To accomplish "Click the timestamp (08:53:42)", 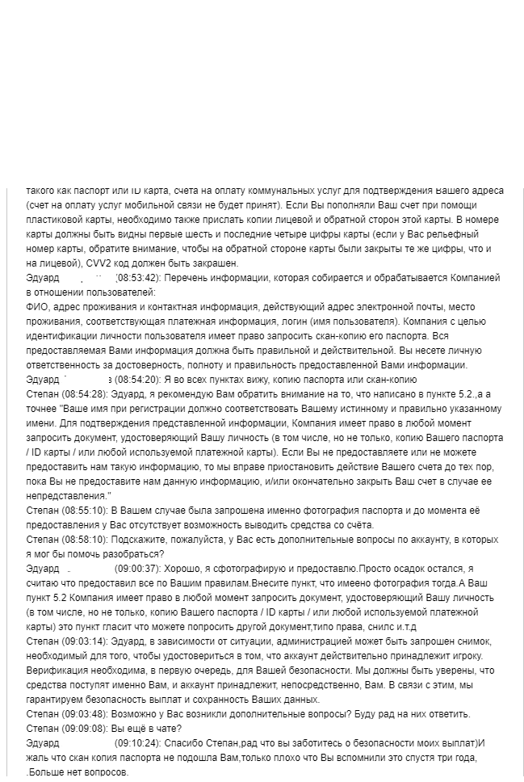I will click(x=140, y=278).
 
